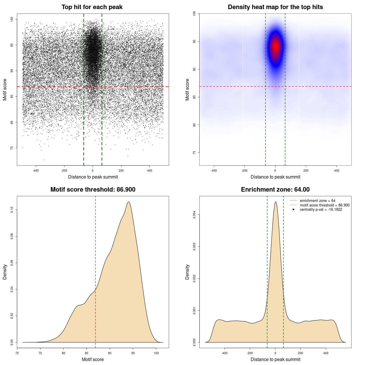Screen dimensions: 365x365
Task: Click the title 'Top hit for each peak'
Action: [x=92, y=7]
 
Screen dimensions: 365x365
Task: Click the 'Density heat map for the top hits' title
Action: [x=275, y=7]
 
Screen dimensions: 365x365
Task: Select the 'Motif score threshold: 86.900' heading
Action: [x=93, y=190]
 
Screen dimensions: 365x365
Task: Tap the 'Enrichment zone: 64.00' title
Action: [x=275, y=190]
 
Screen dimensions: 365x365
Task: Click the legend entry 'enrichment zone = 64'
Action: [x=317, y=201]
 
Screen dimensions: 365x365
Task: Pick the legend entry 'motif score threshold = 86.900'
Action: [x=325, y=205]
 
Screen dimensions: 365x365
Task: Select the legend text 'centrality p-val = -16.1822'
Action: [x=321, y=210]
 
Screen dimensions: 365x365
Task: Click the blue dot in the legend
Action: [x=293, y=210]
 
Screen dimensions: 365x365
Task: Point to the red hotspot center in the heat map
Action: [x=275, y=46]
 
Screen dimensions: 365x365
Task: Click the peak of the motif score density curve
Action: [x=129, y=202]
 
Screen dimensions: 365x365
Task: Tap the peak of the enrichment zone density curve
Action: [x=275, y=202]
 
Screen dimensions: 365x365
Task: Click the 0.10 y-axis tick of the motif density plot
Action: [x=12, y=210]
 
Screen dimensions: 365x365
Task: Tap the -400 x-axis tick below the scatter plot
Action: [x=36, y=171]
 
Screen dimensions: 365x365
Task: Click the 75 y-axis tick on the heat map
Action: [x=194, y=153]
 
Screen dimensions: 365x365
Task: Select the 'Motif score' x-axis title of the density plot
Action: [x=93, y=359]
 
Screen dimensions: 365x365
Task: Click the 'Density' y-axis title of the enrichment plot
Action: [x=187, y=272]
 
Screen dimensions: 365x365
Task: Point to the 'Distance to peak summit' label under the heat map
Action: [x=275, y=177]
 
